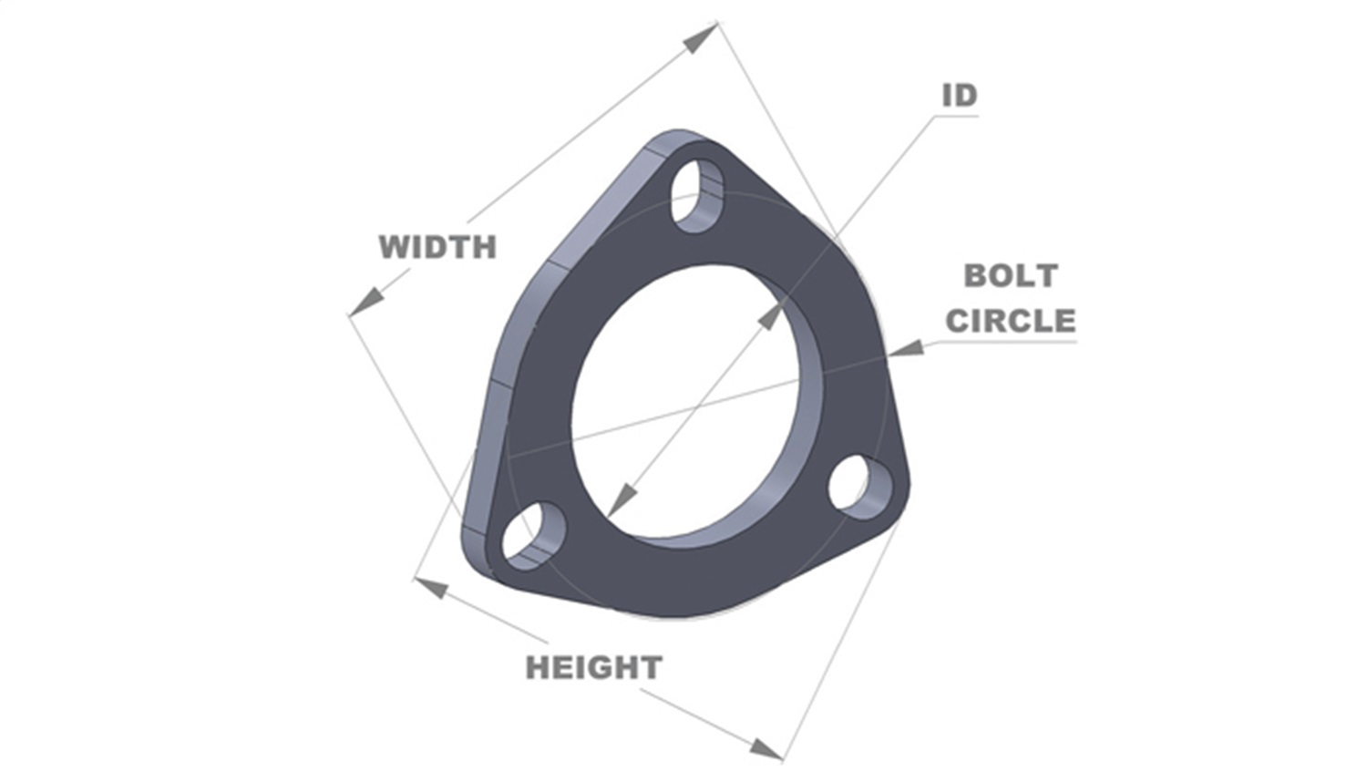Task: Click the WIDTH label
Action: coord(437,247)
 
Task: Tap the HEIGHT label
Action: coord(593,668)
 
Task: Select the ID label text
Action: coord(959,96)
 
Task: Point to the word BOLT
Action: coord(1011,275)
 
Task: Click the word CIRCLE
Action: coord(1011,321)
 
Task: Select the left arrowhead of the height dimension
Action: coord(432,588)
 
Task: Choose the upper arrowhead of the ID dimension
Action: coord(770,316)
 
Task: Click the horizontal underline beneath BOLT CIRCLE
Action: coord(1002,342)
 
